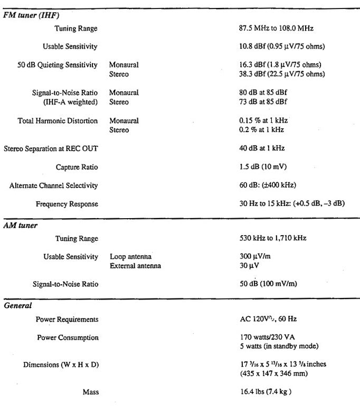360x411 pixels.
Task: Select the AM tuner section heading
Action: click(x=19, y=226)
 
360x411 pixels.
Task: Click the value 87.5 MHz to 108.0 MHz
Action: click(x=276, y=28)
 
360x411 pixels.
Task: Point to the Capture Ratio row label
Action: click(x=77, y=167)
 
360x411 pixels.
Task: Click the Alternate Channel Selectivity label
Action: click(x=54, y=185)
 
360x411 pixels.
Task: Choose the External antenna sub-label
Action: click(x=135, y=265)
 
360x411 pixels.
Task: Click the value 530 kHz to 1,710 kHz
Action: click(x=273, y=238)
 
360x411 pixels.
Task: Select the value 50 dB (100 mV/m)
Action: click(x=268, y=284)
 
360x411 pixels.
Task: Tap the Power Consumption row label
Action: click(x=68, y=338)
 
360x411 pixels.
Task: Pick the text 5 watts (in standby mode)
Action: click(x=275, y=347)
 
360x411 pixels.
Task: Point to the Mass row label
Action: click(x=90, y=392)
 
